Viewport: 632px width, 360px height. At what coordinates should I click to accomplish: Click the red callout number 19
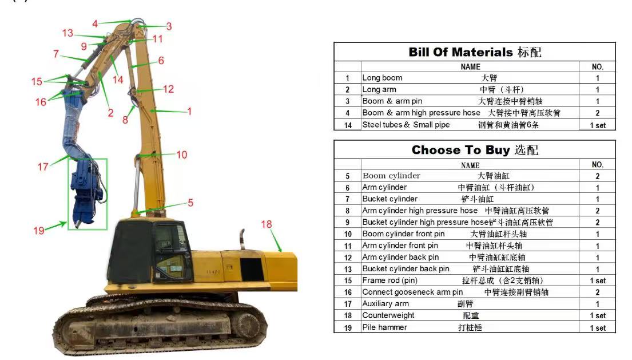[39, 231]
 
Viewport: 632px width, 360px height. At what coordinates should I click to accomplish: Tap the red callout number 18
[267, 224]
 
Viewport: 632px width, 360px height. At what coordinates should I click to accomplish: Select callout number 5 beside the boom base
[190, 203]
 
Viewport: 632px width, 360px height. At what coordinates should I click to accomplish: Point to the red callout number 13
[67, 33]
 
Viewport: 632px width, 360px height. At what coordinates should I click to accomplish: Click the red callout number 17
[43, 167]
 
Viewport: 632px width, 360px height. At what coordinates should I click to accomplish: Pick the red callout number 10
[182, 155]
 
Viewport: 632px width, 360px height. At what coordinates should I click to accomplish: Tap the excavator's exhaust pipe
[242, 239]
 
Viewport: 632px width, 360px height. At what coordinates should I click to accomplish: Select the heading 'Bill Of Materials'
[460, 52]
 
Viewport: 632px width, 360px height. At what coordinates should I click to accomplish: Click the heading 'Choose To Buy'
[460, 150]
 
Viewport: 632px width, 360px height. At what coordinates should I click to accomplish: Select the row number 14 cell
[348, 125]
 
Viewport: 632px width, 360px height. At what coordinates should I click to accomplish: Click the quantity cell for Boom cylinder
[597, 176]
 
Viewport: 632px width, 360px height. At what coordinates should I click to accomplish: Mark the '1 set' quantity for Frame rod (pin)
[597, 280]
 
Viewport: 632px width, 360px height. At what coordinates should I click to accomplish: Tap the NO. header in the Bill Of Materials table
[597, 67]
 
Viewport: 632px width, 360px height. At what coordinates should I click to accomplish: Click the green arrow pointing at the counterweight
[275, 241]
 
